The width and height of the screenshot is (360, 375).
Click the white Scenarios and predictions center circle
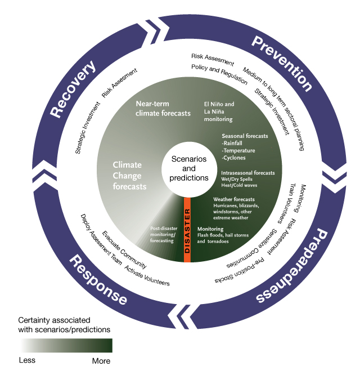185,168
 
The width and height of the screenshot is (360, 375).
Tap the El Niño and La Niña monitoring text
218,111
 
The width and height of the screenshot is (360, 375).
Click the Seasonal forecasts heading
245,136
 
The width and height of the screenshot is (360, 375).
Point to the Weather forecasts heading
234,199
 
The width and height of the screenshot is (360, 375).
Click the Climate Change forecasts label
130,175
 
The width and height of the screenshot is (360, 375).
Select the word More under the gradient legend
101,360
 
